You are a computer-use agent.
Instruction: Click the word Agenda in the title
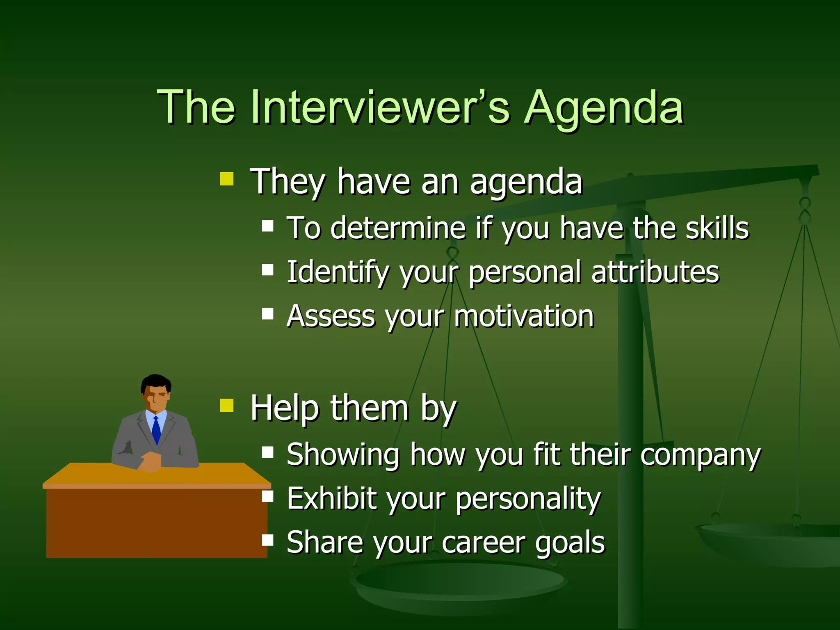pos(604,107)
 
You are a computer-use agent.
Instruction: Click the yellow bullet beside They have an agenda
pos(226,179)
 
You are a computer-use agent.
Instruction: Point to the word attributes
pos(655,272)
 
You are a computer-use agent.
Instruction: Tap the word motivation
pos(524,316)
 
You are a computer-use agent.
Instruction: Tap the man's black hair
pos(155,381)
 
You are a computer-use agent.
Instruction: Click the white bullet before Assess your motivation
pos(267,314)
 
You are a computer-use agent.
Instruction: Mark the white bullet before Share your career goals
pos(267,540)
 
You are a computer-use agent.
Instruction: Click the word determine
pos(397,228)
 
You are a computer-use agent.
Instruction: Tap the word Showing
pos(342,455)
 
